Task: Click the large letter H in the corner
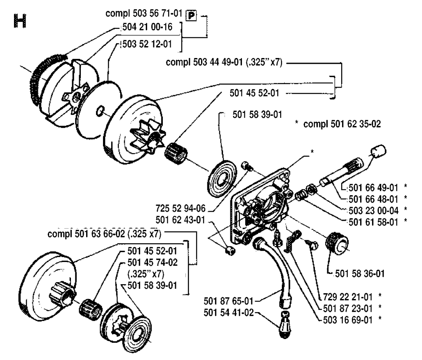(20, 21)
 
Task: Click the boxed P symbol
(191, 16)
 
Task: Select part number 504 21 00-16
(147, 27)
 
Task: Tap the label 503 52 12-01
(147, 44)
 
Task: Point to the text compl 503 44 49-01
(204, 62)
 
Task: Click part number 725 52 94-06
(181, 208)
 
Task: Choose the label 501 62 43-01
(181, 220)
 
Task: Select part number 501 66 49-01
(373, 187)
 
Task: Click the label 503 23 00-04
(373, 210)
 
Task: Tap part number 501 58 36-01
(360, 274)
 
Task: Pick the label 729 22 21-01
(348, 297)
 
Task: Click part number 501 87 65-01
(228, 301)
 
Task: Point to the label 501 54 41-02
(229, 312)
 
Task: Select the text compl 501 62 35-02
(342, 124)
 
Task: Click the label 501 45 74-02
(152, 262)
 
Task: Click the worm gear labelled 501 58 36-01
(337, 243)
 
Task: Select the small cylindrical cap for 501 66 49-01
(378, 151)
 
